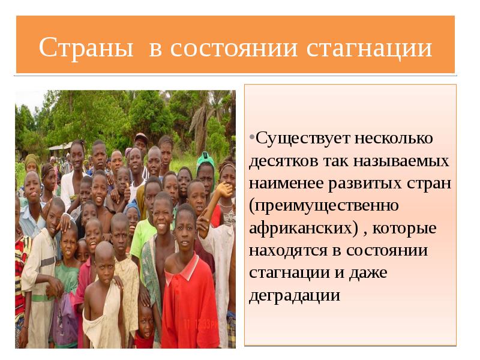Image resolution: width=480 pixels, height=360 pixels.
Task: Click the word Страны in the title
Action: tap(86, 48)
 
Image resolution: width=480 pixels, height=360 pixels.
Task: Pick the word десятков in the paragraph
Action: tap(284, 161)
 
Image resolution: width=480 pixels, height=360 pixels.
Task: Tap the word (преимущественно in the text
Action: tap(324, 206)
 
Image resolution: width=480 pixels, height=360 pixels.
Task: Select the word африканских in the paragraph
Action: tap(298, 229)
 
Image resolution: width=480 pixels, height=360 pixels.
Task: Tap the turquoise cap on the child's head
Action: tap(206, 158)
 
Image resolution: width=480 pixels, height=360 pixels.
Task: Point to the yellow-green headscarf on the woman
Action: tap(31, 160)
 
